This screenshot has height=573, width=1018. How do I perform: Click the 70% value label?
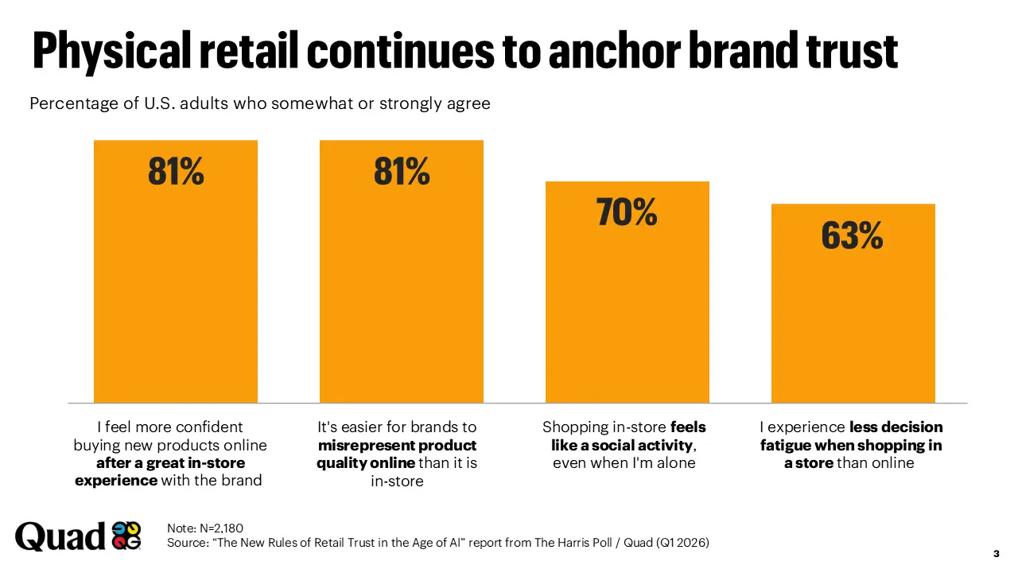pos(627,212)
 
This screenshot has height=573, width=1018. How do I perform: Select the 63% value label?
pos(852,236)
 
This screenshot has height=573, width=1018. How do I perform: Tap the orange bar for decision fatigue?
pos(853,318)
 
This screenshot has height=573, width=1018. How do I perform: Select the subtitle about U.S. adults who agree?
pos(260,103)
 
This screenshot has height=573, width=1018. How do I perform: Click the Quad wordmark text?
pos(60,536)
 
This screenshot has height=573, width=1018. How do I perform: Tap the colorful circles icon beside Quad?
pos(126,536)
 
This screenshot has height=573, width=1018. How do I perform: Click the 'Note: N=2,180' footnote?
pos(205,528)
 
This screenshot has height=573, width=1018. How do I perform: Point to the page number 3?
pos(996,554)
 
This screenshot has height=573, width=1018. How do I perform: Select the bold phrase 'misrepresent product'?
pos(397,445)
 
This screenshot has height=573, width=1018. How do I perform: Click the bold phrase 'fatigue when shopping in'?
pos(851,445)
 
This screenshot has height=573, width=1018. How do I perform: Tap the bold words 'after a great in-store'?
pos(170,463)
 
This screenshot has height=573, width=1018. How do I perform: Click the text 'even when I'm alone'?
pos(624,463)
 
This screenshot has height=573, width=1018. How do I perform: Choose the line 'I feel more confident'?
pos(169,427)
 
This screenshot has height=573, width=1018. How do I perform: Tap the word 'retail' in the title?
pos(247,50)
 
